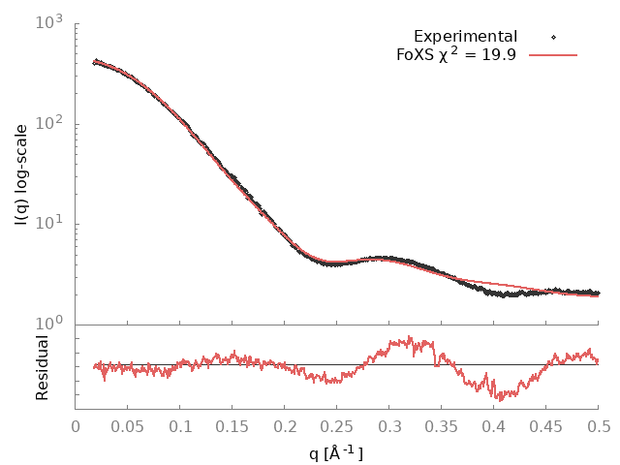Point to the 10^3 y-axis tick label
49,21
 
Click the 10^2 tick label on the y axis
49,122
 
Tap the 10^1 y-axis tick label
49,223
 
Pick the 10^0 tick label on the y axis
49,324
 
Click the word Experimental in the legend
465,37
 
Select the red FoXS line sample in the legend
554,55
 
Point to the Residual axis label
43,367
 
